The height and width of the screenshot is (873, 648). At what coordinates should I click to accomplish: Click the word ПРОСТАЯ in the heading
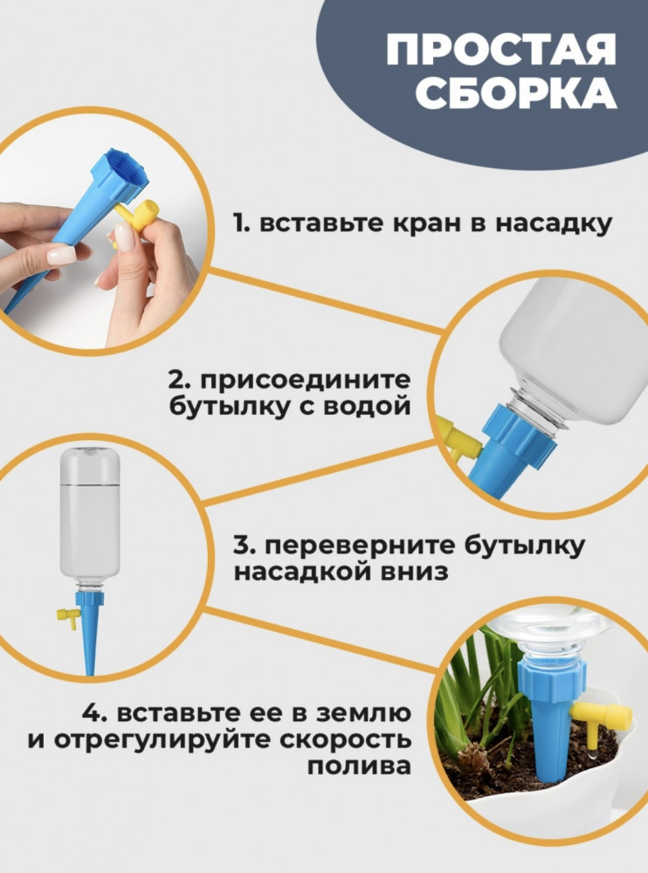click(501, 49)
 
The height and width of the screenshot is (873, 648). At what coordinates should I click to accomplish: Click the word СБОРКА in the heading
click(516, 93)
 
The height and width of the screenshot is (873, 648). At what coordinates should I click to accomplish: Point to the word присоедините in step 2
click(306, 382)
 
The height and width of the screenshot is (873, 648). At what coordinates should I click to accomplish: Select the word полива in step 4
click(360, 766)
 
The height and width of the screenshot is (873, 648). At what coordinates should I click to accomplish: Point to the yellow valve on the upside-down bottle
click(67, 616)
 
